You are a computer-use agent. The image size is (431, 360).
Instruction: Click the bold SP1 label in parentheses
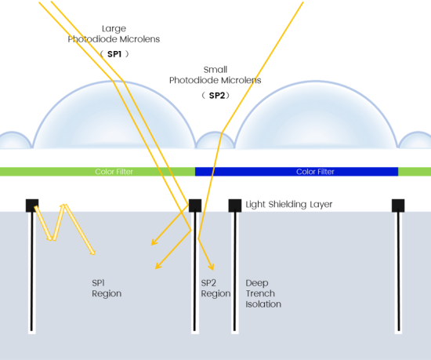coord(114,54)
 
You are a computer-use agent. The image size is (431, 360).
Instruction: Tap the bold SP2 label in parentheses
coord(217,96)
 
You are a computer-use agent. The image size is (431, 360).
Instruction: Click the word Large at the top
coord(114,29)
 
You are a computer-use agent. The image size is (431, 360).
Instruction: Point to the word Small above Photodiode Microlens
coord(215,70)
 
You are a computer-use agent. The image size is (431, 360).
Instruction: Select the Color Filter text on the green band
coord(114,172)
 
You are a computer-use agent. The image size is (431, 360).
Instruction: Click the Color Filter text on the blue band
coord(315,172)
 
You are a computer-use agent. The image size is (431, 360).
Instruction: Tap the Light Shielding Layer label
coord(289,205)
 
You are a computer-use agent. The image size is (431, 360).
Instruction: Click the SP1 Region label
coord(107,288)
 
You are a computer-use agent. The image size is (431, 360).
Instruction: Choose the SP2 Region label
coord(215,288)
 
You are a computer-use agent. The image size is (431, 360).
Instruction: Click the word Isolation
coord(263,304)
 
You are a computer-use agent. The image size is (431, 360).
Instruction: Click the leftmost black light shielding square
coord(32,205)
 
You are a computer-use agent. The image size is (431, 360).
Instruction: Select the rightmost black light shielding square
coord(398,205)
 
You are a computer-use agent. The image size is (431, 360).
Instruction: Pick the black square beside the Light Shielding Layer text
coord(235,205)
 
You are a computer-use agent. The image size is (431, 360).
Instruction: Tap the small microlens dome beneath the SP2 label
coord(215,140)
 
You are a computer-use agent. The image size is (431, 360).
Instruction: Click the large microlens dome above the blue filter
coord(316,115)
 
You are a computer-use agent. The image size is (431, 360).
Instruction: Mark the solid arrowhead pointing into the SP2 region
coord(211,267)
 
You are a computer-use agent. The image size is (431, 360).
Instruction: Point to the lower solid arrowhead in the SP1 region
coord(158,266)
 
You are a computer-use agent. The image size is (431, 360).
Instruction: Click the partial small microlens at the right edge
coord(415,140)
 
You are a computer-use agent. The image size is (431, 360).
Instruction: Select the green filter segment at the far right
coord(415,172)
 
